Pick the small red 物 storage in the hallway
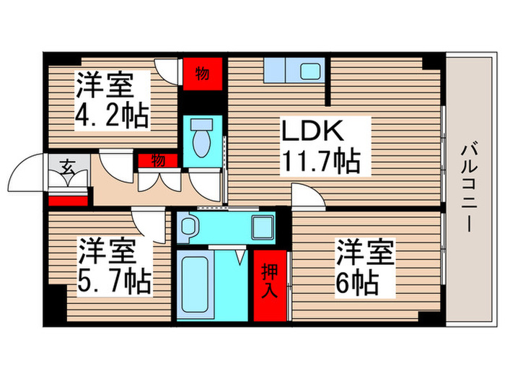158,160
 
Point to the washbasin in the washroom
190,227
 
